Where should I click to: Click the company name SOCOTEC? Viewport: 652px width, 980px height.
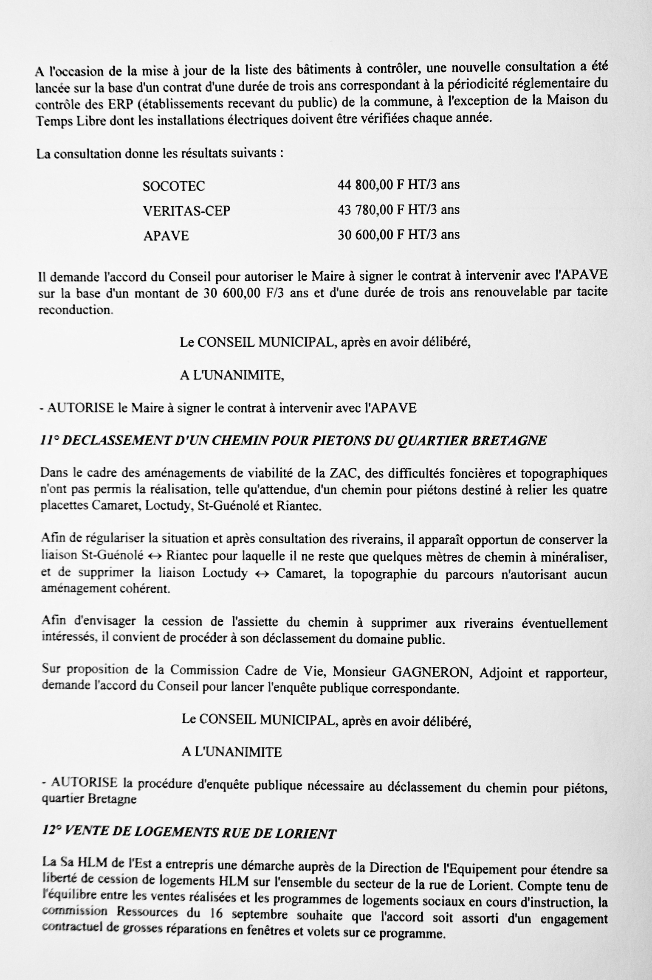pos(174,186)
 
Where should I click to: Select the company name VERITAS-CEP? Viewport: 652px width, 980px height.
pos(186,211)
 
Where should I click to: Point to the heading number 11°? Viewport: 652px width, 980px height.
pos(49,440)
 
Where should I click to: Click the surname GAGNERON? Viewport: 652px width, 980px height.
pos(432,672)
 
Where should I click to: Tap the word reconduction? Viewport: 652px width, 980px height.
pos(75,310)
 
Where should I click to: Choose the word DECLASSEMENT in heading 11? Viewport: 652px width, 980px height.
pos(117,440)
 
